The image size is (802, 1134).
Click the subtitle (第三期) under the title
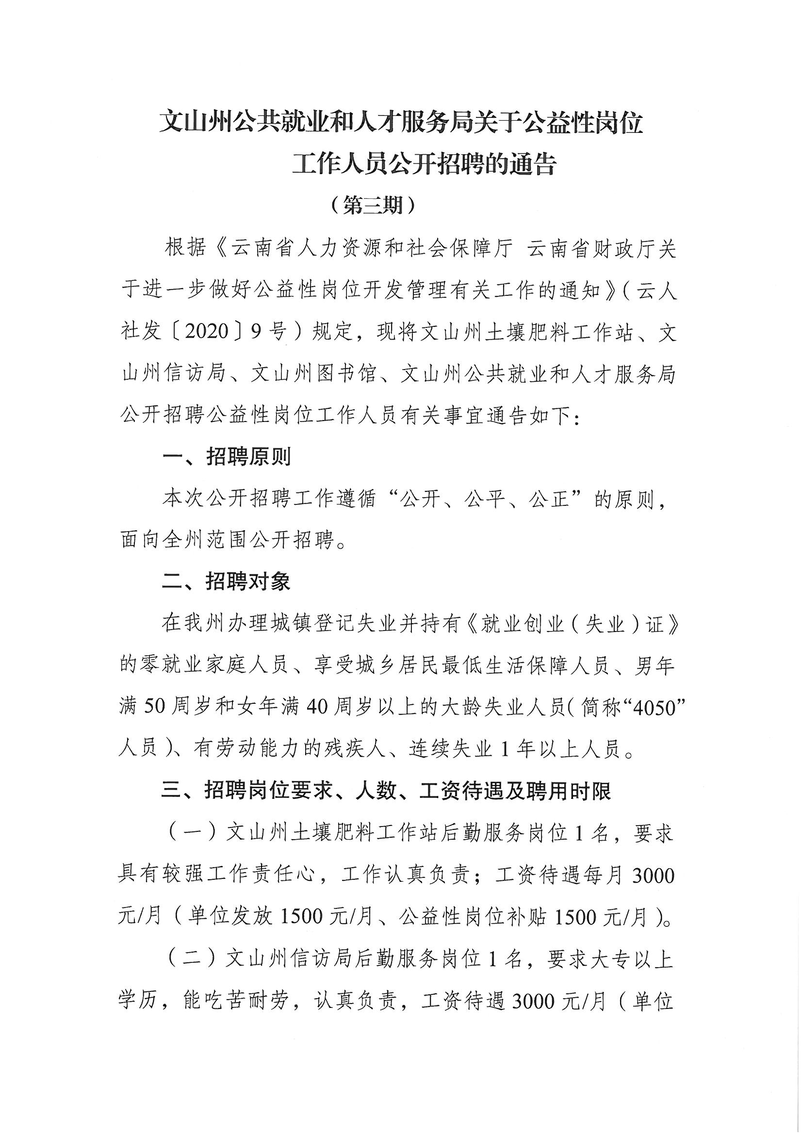(373, 206)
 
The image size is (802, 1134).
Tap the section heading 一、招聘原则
(227, 457)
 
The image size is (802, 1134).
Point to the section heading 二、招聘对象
(226, 583)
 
